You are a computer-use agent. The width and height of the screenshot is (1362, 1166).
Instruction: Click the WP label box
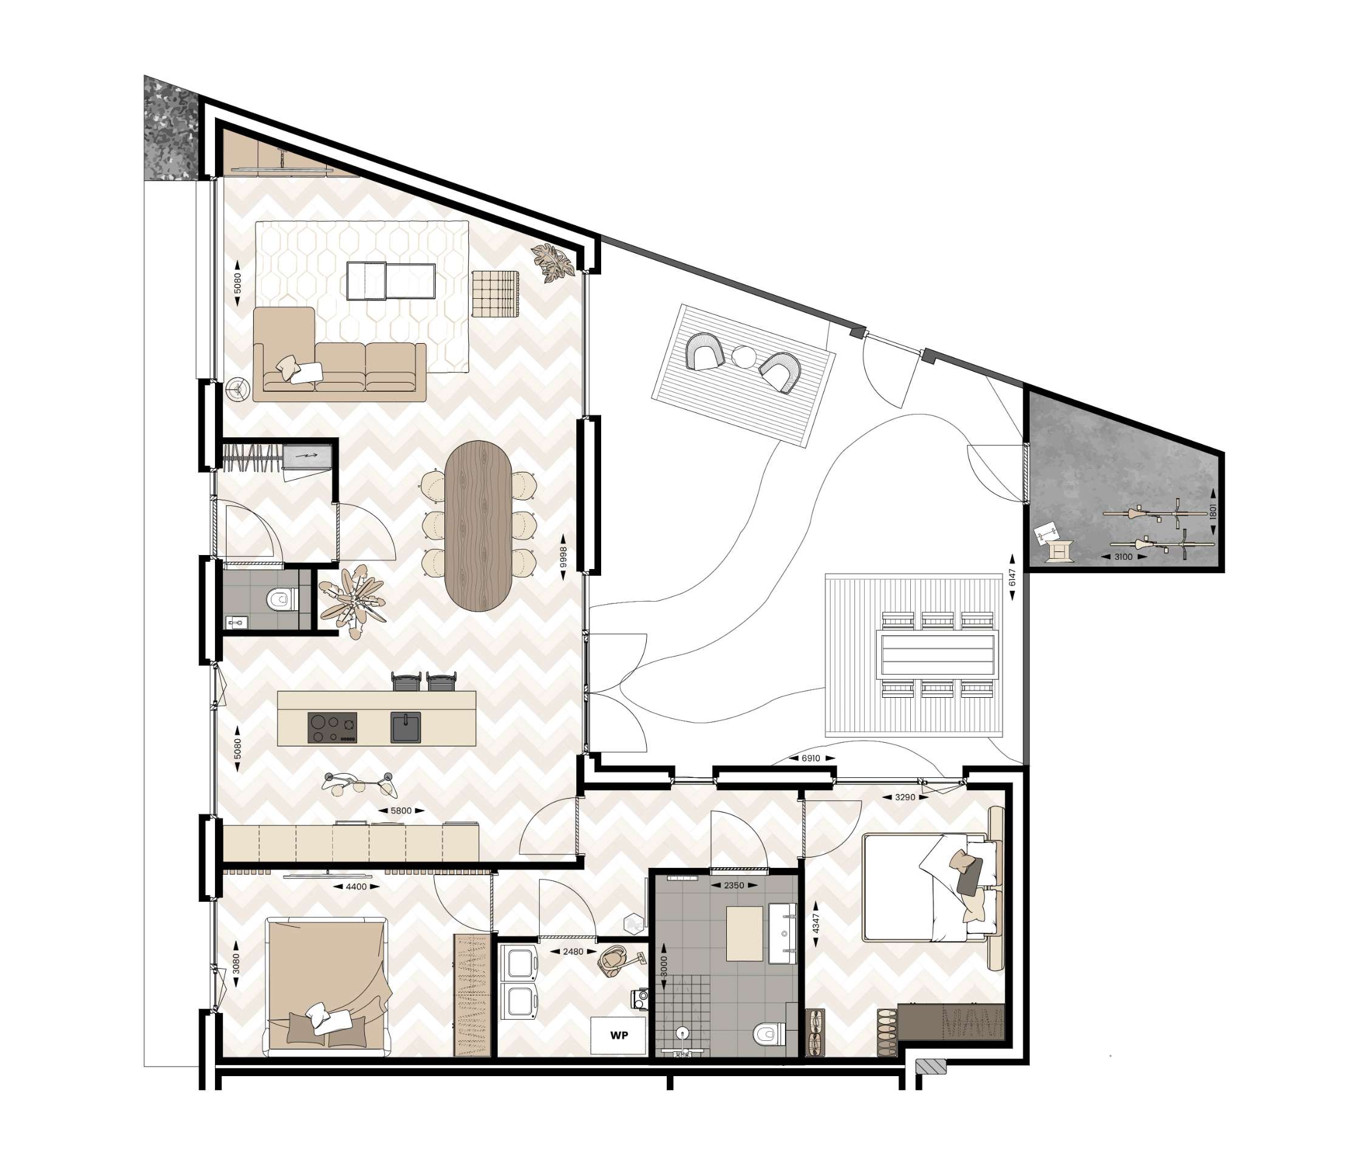pyautogui.click(x=618, y=1036)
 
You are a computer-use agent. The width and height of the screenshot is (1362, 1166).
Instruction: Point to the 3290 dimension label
pyautogui.click(x=905, y=797)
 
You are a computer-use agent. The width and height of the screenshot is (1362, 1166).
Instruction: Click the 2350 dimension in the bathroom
pyautogui.click(x=734, y=885)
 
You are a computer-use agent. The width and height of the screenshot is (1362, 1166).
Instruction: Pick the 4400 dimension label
pyautogui.click(x=356, y=887)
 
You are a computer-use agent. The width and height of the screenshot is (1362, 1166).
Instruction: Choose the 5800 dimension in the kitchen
pyautogui.click(x=401, y=810)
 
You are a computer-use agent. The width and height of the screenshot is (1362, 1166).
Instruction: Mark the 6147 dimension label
pyautogui.click(x=1012, y=578)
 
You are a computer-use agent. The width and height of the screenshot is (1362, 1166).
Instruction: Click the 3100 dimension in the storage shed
pyautogui.click(x=1123, y=557)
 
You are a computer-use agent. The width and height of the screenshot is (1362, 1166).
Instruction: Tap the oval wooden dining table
pyautogui.click(x=478, y=526)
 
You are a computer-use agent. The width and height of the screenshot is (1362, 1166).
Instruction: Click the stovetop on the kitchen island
pyautogui.click(x=333, y=728)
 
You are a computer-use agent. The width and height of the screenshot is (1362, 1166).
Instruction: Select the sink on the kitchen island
pyautogui.click(x=406, y=728)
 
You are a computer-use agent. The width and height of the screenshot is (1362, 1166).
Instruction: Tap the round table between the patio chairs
pyautogui.click(x=745, y=357)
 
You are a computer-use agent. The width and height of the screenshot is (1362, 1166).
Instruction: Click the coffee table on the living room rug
pyautogui.click(x=390, y=281)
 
